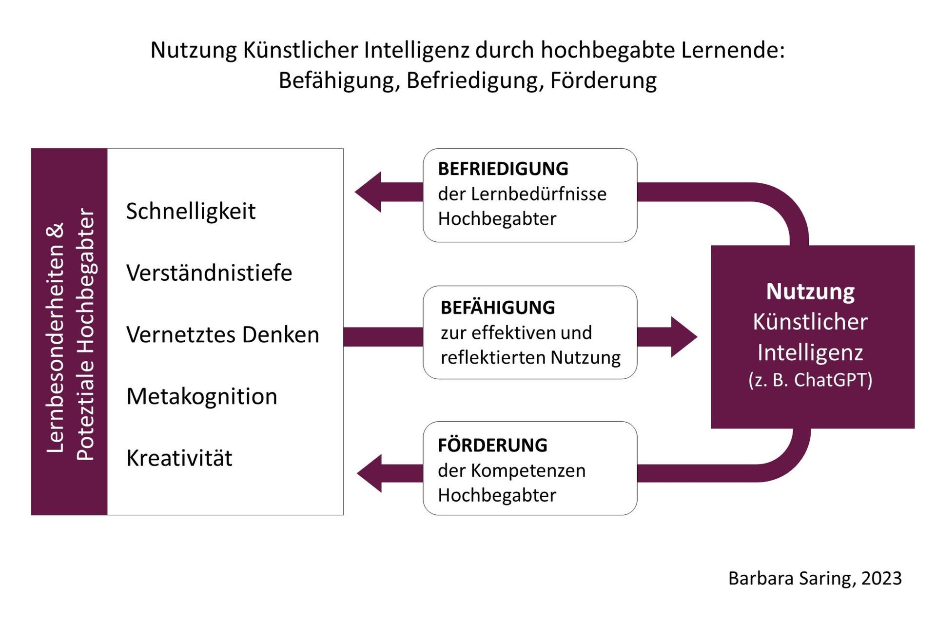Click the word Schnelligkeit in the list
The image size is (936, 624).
pos(191,212)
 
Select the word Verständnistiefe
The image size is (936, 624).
pos(209,273)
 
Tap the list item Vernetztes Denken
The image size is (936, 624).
pos(223,334)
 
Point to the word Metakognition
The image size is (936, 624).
pos(202,396)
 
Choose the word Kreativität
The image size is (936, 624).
pos(179,458)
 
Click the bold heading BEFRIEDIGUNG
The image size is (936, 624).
pos(503,169)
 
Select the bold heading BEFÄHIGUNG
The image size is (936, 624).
pos(498,308)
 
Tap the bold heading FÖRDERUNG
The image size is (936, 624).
pos(492,445)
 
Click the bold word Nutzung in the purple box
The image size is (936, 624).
pos(810,292)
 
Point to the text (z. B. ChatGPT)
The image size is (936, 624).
pos(810,380)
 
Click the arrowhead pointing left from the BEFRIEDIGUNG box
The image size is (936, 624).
pos(368,192)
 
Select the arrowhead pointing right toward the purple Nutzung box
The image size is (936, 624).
pos(684,337)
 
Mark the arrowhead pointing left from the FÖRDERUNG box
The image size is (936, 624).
pos(370,473)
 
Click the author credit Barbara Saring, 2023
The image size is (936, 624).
pos(815,578)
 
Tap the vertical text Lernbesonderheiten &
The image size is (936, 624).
pos(55,337)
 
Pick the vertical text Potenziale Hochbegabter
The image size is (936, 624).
pos(86,334)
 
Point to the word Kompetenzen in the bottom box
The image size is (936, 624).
pos(528,471)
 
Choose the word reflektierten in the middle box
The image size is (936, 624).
pos(493,357)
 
